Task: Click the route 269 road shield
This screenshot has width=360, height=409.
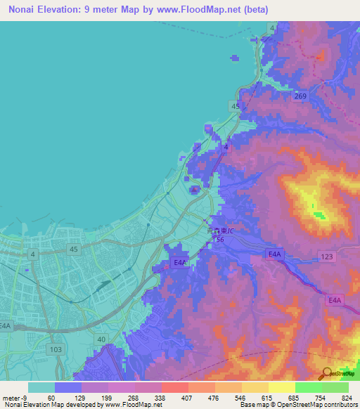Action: click(300, 96)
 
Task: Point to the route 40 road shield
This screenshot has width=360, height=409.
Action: click(102, 339)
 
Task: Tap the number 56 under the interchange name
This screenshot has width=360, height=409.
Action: click(220, 240)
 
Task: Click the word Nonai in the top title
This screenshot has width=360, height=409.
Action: click(25, 10)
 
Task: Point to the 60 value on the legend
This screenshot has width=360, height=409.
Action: click(51, 397)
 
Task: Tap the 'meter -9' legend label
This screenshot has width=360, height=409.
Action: click(14, 397)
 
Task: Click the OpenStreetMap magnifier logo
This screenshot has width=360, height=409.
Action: click(326, 374)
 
